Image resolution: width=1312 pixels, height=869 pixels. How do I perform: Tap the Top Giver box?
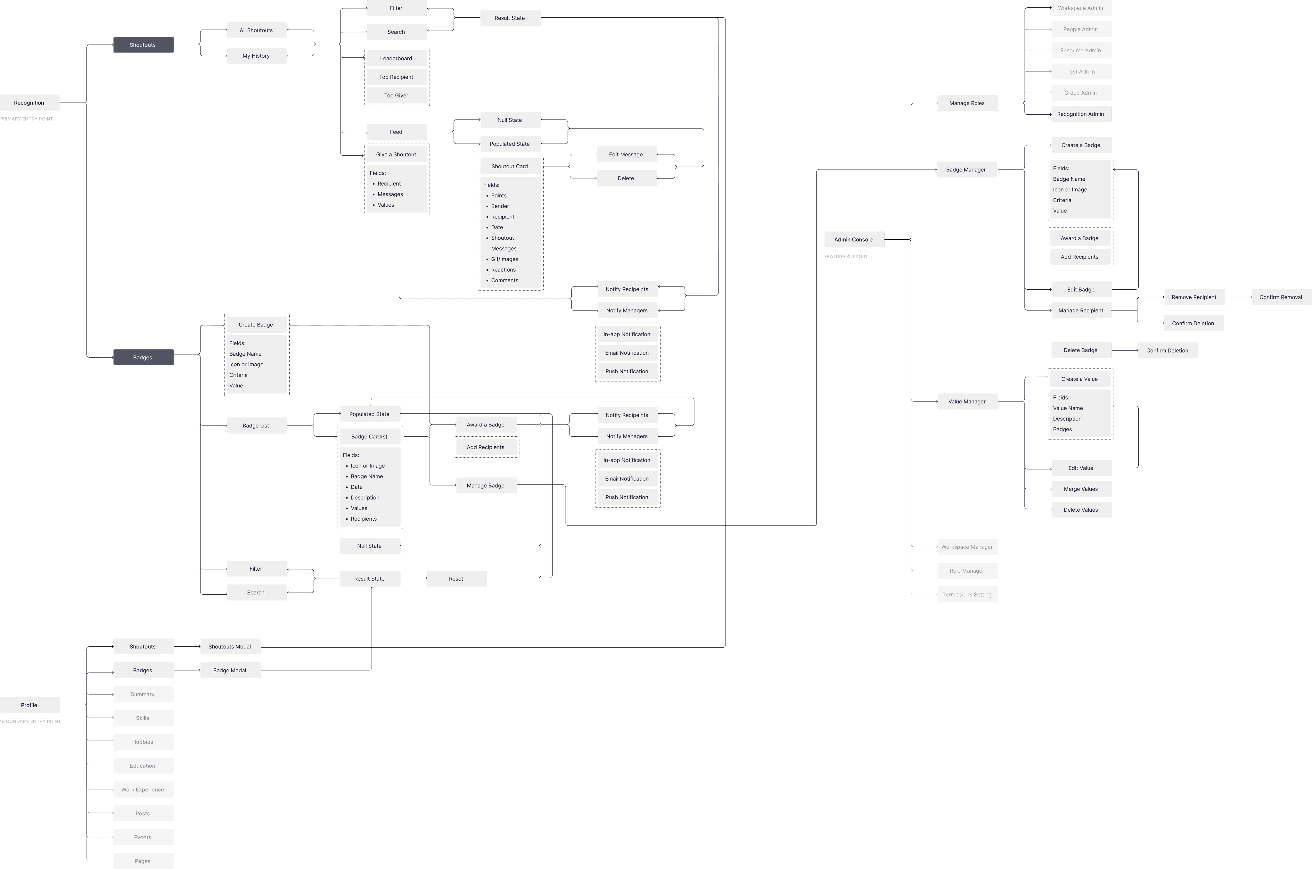pyautogui.click(x=396, y=95)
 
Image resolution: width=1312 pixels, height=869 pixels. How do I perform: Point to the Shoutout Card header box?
pyautogui.click(x=510, y=166)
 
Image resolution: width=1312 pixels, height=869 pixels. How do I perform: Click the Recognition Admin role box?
pyautogui.click(x=1080, y=114)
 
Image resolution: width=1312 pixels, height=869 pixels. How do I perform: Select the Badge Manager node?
pyautogui.click(x=966, y=170)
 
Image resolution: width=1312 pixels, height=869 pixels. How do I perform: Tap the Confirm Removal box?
pyautogui.click(x=1280, y=297)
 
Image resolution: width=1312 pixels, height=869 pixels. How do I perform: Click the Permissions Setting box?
pyautogui.click(x=967, y=595)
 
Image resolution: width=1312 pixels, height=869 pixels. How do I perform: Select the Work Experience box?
pyautogui.click(x=143, y=790)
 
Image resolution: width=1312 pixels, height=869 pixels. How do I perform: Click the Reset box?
pyautogui.click(x=456, y=579)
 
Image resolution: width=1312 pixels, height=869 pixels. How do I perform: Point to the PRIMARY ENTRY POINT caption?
pyautogui.click(x=27, y=119)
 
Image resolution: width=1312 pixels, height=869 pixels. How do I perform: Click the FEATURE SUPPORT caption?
pyautogui.click(x=846, y=257)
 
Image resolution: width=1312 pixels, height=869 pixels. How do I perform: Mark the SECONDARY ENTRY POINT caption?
pyautogui.click(x=30, y=721)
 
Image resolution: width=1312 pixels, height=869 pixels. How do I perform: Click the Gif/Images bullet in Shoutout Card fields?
pyautogui.click(x=504, y=259)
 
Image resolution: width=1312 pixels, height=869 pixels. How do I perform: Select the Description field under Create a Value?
pyautogui.click(x=1067, y=419)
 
